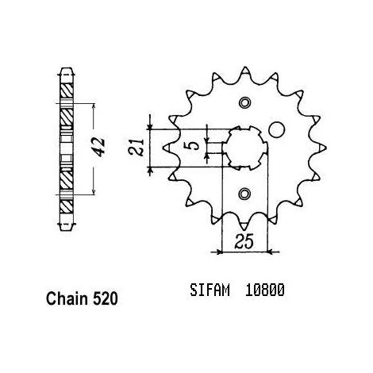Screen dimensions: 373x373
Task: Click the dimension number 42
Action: tap(100, 147)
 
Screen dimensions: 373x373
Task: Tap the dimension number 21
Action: tap(136, 147)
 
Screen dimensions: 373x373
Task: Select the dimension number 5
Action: tap(194, 145)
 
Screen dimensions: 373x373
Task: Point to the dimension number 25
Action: tap(244, 240)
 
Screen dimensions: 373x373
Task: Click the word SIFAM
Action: tap(210, 290)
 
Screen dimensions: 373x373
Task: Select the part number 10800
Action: tap(265, 290)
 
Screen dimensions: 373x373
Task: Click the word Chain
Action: tap(67, 299)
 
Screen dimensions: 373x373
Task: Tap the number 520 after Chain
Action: tap(105, 299)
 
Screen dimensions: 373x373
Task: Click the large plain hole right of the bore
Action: tap(277, 129)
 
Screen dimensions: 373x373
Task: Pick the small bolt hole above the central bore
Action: tap(244, 102)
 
